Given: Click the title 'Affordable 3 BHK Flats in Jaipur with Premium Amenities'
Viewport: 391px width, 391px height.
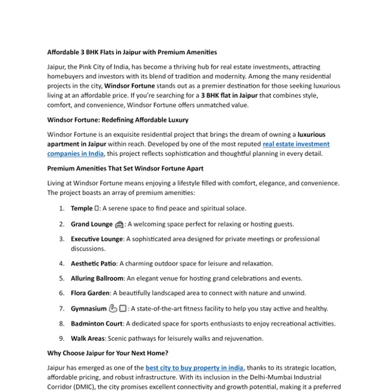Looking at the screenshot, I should click(132, 51).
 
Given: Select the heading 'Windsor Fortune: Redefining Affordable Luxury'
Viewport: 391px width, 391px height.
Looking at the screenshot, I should click(118, 120).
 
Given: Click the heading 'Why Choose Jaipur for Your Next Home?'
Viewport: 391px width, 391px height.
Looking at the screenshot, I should click(108, 353).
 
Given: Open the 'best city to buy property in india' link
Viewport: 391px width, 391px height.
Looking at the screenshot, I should click(195, 368).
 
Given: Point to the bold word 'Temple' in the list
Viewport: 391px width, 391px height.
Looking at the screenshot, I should click(82, 209).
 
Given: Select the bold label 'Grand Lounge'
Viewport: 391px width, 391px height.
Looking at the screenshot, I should click(92, 224).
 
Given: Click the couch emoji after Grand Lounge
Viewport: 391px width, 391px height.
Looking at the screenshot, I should click(119, 224).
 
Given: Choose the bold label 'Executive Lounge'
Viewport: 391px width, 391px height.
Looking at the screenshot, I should click(96, 239).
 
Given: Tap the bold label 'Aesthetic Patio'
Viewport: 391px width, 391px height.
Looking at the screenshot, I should click(94, 263).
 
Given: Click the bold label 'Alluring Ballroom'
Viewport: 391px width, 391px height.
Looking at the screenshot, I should click(97, 278).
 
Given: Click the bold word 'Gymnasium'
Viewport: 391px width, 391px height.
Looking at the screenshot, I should click(89, 309).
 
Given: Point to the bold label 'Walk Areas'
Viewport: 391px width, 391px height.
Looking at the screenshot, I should click(88, 339).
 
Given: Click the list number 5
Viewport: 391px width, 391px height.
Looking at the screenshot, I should click(61, 278).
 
